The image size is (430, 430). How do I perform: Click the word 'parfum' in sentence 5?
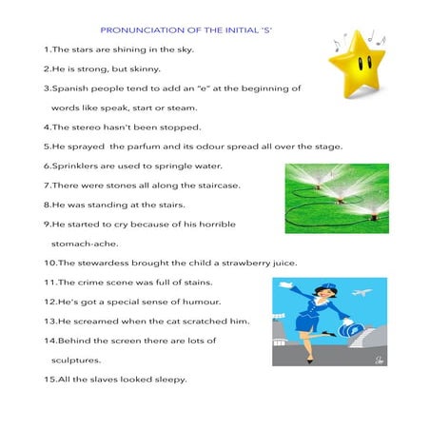click(x=141, y=147)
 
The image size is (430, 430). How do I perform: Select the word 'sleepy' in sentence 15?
click(x=165, y=380)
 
